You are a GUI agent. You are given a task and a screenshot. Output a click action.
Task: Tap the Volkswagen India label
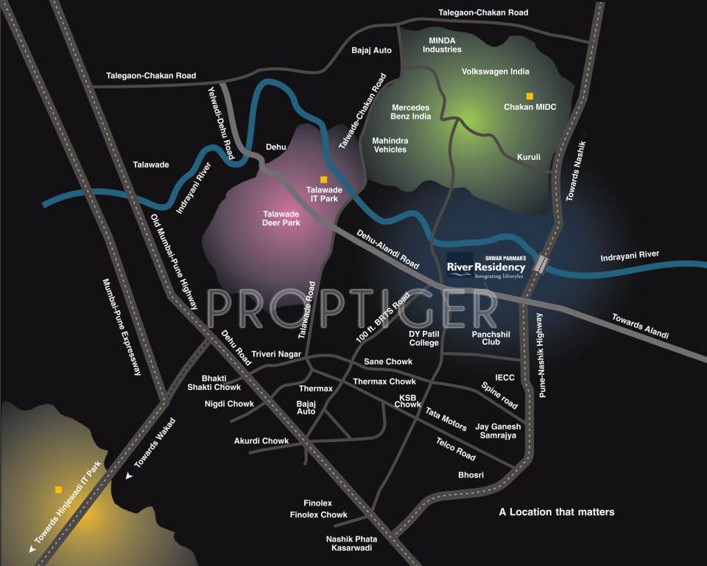tap(496, 72)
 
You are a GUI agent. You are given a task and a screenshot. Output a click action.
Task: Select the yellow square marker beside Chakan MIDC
tap(529, 96)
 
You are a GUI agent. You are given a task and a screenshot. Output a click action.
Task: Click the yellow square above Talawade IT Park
tap(323, 179)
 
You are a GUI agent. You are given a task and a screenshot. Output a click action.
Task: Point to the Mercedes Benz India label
tap(411, 112)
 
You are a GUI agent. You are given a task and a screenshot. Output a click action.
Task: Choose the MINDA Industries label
tap(442, 44)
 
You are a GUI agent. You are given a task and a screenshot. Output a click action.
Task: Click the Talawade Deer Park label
tap(281, 218)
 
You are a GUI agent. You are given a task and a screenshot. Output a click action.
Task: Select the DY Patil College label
tap(424, 338)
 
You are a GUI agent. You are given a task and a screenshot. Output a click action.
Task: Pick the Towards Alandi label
tap(640, 326)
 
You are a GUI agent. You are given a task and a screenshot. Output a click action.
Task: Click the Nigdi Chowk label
tap(229, 404)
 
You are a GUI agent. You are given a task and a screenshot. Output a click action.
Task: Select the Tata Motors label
tap(446, 420)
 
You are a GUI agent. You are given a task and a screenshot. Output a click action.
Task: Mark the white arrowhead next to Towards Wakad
tap(130, 477)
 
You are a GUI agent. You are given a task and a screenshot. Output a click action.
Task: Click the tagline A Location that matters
tap(556, 511)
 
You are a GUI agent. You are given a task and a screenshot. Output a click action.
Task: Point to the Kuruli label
tap(529, 157)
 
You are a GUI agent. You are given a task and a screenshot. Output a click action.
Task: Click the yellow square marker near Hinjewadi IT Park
tap(57, 489)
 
